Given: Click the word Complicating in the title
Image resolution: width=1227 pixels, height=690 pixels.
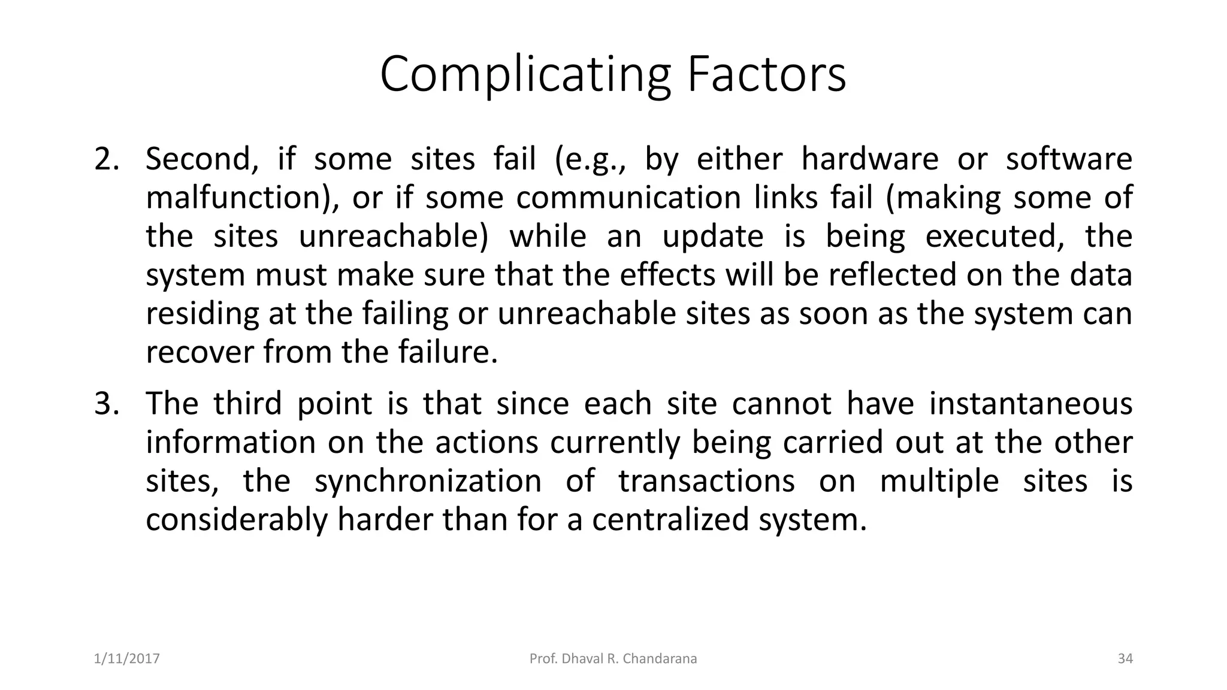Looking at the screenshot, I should point(525,75).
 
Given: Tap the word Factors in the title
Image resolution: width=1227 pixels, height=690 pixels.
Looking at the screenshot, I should point(766,74).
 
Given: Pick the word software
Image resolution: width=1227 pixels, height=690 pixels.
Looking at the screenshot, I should point(1069,159).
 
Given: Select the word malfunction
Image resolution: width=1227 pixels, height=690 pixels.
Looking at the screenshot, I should point(234,198).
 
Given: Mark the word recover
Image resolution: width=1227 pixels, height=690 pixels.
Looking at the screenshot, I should point(199,352).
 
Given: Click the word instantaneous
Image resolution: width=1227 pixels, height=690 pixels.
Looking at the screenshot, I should point(1030,404).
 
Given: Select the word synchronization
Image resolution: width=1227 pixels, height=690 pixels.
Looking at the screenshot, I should point(428,481).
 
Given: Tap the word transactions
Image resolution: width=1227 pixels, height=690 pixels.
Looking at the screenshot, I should point(706,481).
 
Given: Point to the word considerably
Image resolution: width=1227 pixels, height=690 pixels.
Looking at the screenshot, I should point(237,519).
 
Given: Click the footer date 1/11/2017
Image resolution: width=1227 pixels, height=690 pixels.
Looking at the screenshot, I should point(127,659).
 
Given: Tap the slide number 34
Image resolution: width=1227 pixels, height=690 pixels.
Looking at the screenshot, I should point(1125,659).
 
